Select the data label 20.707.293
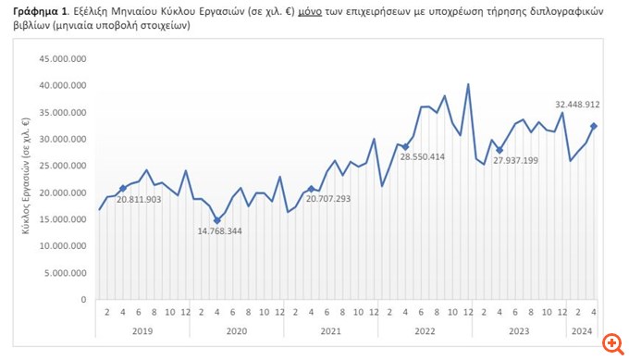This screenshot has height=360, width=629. (x=329, y=199)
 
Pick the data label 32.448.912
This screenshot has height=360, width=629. (x=578, y=105)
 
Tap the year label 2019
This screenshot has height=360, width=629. (x=142, y=330)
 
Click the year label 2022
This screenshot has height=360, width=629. (x=425, y=330)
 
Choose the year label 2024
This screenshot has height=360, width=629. (x=582, y=330)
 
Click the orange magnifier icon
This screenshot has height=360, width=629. (x=610, y=342)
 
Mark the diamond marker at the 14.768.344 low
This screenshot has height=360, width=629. (x=217, y=221)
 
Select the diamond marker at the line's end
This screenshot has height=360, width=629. (x=594, y=126)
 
